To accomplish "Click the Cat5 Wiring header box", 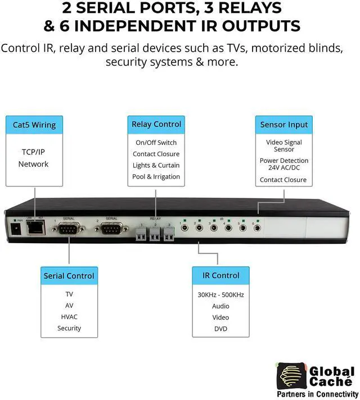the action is click(34, 125).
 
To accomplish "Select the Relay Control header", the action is click(156, 124).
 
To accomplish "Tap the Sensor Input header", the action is click(283, 125).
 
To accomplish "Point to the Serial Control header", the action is click(69, 276).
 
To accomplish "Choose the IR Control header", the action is click(220, 275).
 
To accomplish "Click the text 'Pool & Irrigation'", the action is click(156, 176).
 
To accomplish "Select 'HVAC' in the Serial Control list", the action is click(69, 317).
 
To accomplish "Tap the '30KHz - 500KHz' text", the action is click(220, 294).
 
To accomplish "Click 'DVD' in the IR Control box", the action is click(220, 329).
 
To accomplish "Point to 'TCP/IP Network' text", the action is click(34, 158).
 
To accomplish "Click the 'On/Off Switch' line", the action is click(156, 143).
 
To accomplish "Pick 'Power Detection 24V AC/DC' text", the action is click(283, 164).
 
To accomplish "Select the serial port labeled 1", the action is click(69, 229).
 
